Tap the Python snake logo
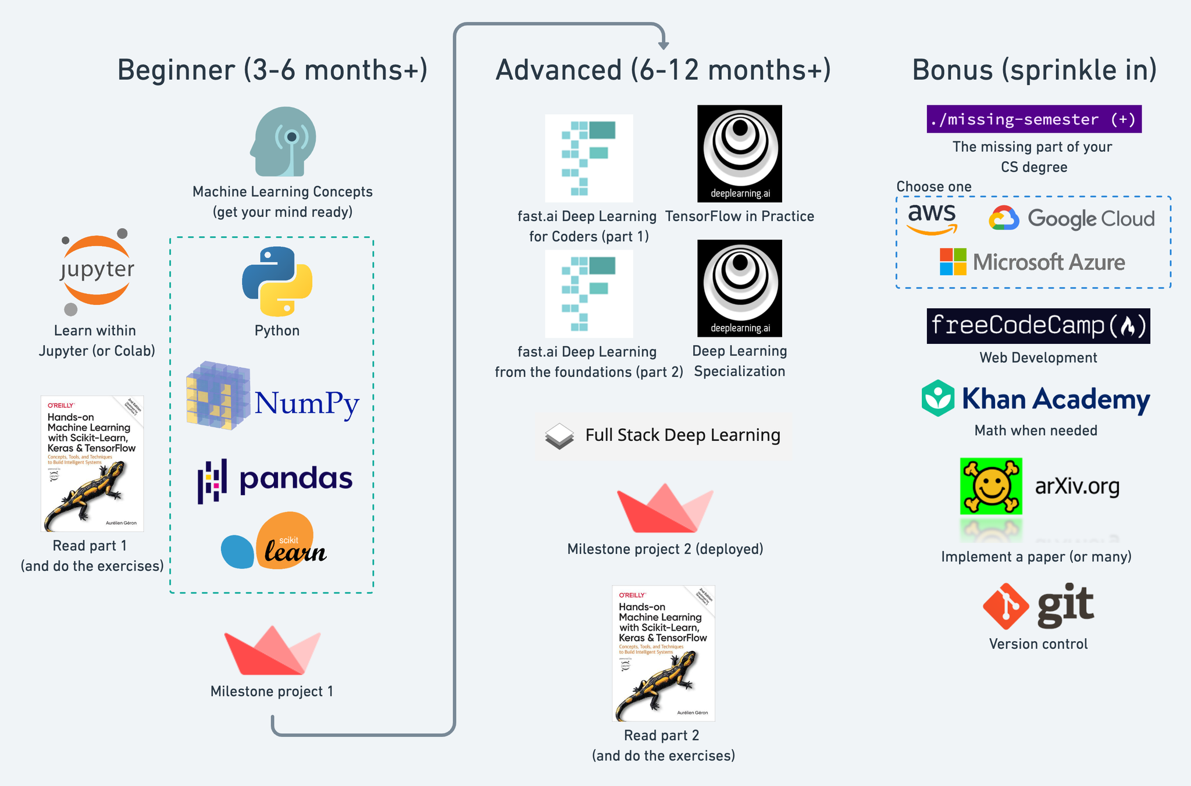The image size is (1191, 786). (277, 281)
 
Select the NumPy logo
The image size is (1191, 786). (273, 397)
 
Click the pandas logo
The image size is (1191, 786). (274, 480)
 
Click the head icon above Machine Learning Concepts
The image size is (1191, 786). (284, 141)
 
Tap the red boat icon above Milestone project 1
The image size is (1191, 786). (272, 650)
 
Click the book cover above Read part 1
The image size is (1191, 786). (92, 464)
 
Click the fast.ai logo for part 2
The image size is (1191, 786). (589, 294)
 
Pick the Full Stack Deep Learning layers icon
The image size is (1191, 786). (559, 436)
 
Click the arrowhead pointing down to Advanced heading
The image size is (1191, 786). (664, 44)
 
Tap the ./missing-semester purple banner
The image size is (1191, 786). (1033, 119)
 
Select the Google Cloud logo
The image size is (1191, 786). (1071, 218)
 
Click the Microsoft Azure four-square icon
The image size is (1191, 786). (953, 262)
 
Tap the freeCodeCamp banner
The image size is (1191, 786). (1038, 326)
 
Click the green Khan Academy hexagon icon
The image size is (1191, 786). (937, 399)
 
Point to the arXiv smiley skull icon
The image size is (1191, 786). (990, 486)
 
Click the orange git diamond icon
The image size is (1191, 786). (1005, 606)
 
